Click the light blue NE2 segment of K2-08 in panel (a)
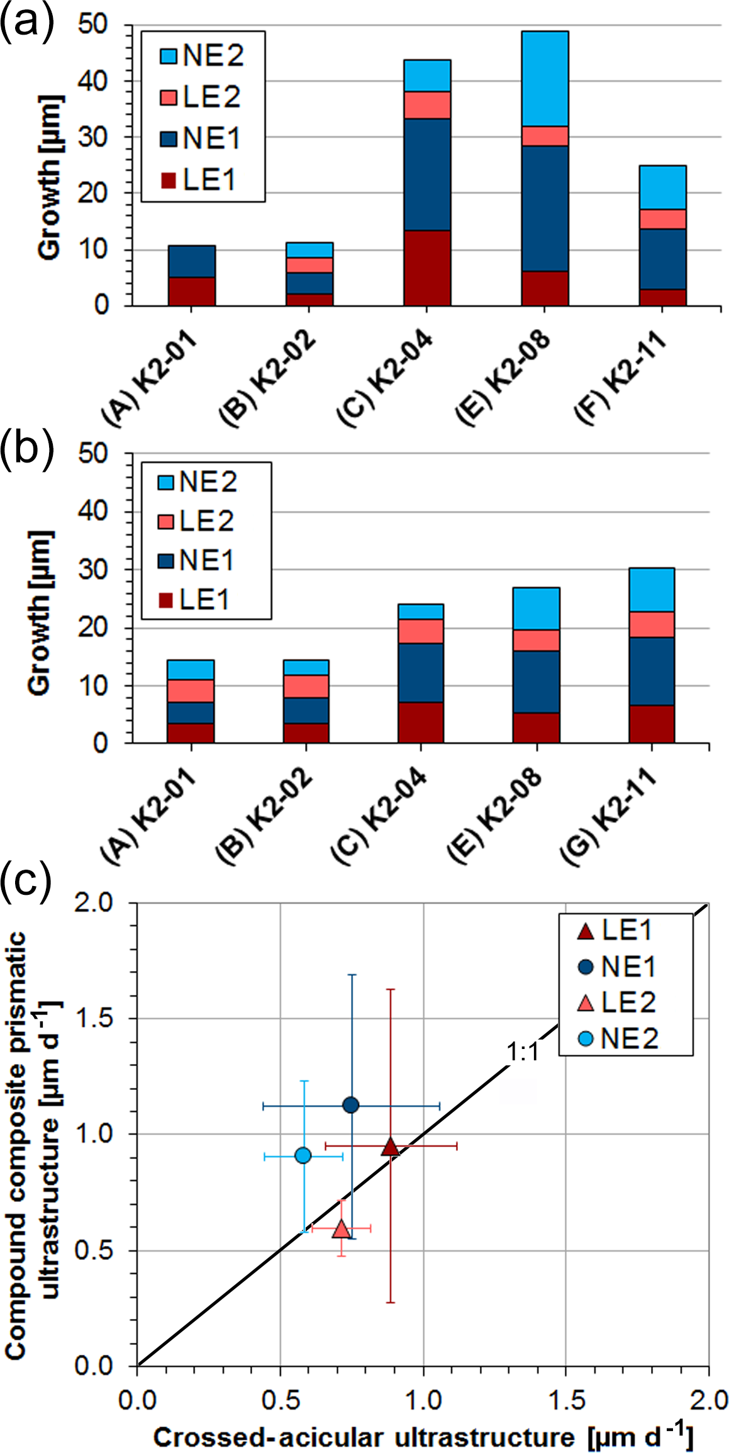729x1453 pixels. [545, 79]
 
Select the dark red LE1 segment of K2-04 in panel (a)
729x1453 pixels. [427, 268]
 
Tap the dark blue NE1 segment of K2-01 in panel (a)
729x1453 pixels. [192, 261]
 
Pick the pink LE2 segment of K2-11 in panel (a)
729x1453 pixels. [662, 219]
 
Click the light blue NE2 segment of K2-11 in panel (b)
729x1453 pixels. [652, 590]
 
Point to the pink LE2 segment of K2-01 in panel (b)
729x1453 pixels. [191, 691]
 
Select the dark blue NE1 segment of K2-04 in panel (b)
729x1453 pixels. [421, 672]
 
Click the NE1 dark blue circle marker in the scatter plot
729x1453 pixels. [351, 1105]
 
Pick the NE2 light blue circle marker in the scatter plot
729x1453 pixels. [303, 1155]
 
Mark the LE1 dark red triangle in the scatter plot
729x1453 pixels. [391, 1147]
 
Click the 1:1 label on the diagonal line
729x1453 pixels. [523, 1052]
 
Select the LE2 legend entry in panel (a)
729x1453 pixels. [201, 97]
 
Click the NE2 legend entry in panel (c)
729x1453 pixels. [619, 1039]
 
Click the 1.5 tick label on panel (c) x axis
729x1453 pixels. [567, 1400]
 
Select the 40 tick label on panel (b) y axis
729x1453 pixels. [93, 511]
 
